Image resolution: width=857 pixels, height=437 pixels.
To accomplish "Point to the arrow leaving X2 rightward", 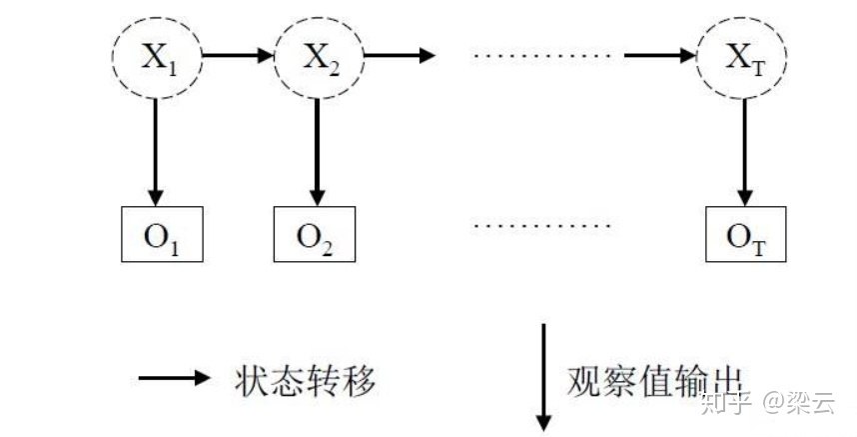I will click(399, 54).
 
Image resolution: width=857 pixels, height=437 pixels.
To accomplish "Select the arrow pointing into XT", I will click(659, 54).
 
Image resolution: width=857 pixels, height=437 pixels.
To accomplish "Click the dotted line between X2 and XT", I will click(538, 54).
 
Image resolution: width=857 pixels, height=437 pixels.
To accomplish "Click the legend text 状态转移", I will click(306, 379).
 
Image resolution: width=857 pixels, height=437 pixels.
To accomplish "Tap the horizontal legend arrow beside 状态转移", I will click(175, 379).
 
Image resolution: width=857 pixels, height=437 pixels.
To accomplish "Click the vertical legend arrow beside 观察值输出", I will click(544, 375).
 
